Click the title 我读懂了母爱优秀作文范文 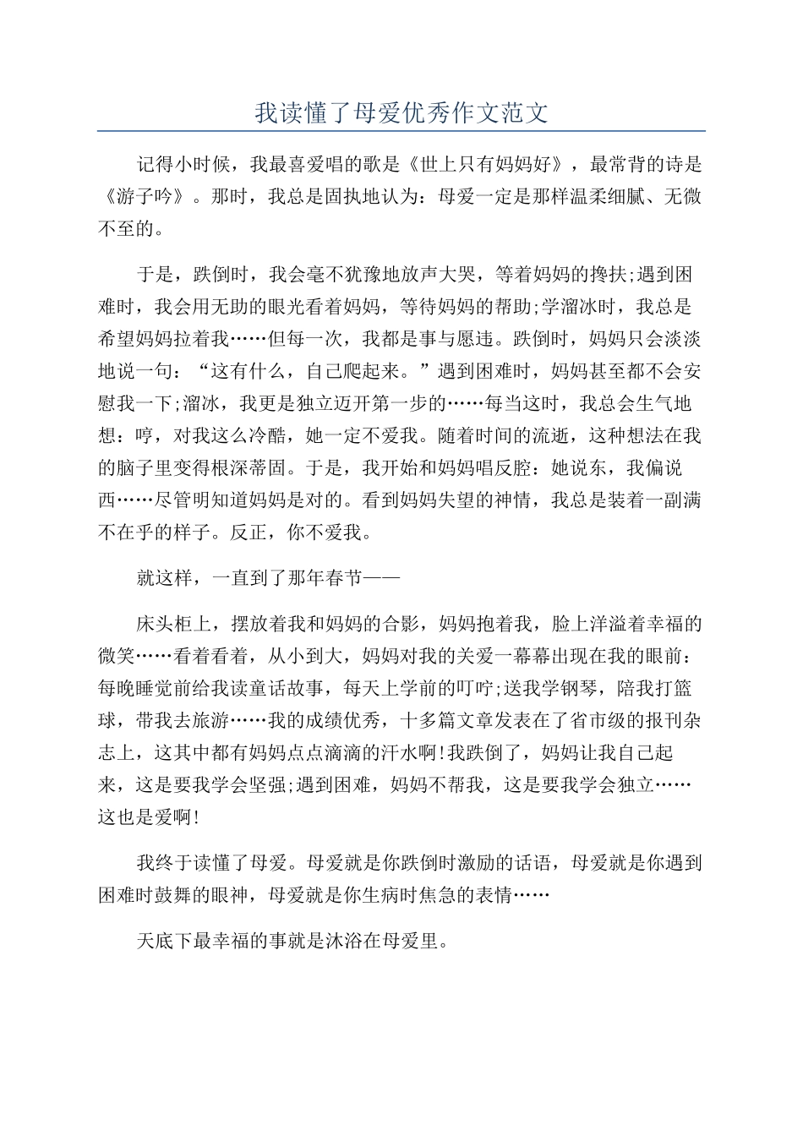click(x=401, y=113)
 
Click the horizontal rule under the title click(x=401, y=131)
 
